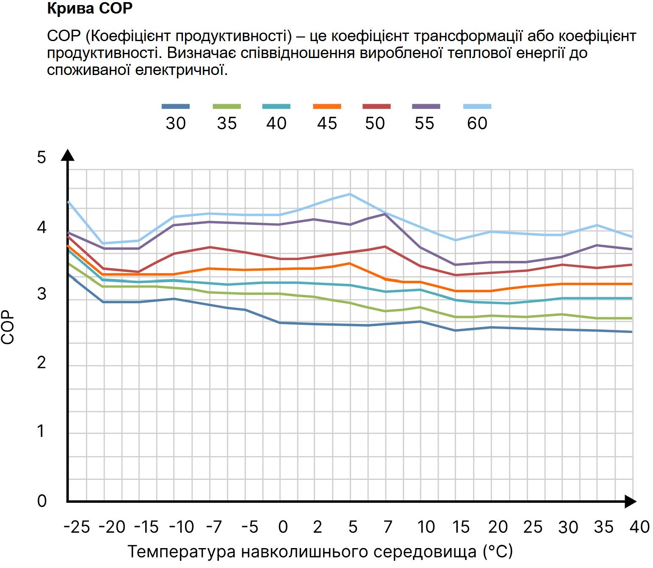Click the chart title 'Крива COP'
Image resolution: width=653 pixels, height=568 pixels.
(x=90, y=8)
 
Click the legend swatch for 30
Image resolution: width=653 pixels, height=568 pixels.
(x=176, y=106)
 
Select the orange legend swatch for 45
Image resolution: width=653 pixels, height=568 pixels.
(x=327, y=106)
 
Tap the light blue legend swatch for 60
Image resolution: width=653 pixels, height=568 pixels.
(x=477, y=106)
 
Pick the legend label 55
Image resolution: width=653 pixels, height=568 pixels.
(x=424, y=123)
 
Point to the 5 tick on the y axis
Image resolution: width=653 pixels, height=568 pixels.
(x=42, y=157)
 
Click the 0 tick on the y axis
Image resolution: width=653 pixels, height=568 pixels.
(x=42, y=501)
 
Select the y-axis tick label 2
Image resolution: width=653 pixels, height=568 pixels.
(x=42, y=363)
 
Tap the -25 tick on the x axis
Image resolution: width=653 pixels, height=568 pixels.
(x=77, y=527)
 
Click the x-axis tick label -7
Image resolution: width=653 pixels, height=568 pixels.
(x=214, y=527)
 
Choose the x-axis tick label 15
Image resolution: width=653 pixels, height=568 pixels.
(x=461, y=527)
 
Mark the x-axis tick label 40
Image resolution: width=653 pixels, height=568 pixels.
(x=639, y=527)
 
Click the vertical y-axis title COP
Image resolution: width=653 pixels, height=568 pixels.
(x=8, y=328)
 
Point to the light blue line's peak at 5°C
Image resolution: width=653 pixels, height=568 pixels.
(x=350, y=194)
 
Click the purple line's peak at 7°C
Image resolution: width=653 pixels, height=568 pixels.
(x=385, y=214)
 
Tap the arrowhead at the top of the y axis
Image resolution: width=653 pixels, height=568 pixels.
(x=68, y=155)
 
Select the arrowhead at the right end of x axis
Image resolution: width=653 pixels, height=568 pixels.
(x=630, y=502)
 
